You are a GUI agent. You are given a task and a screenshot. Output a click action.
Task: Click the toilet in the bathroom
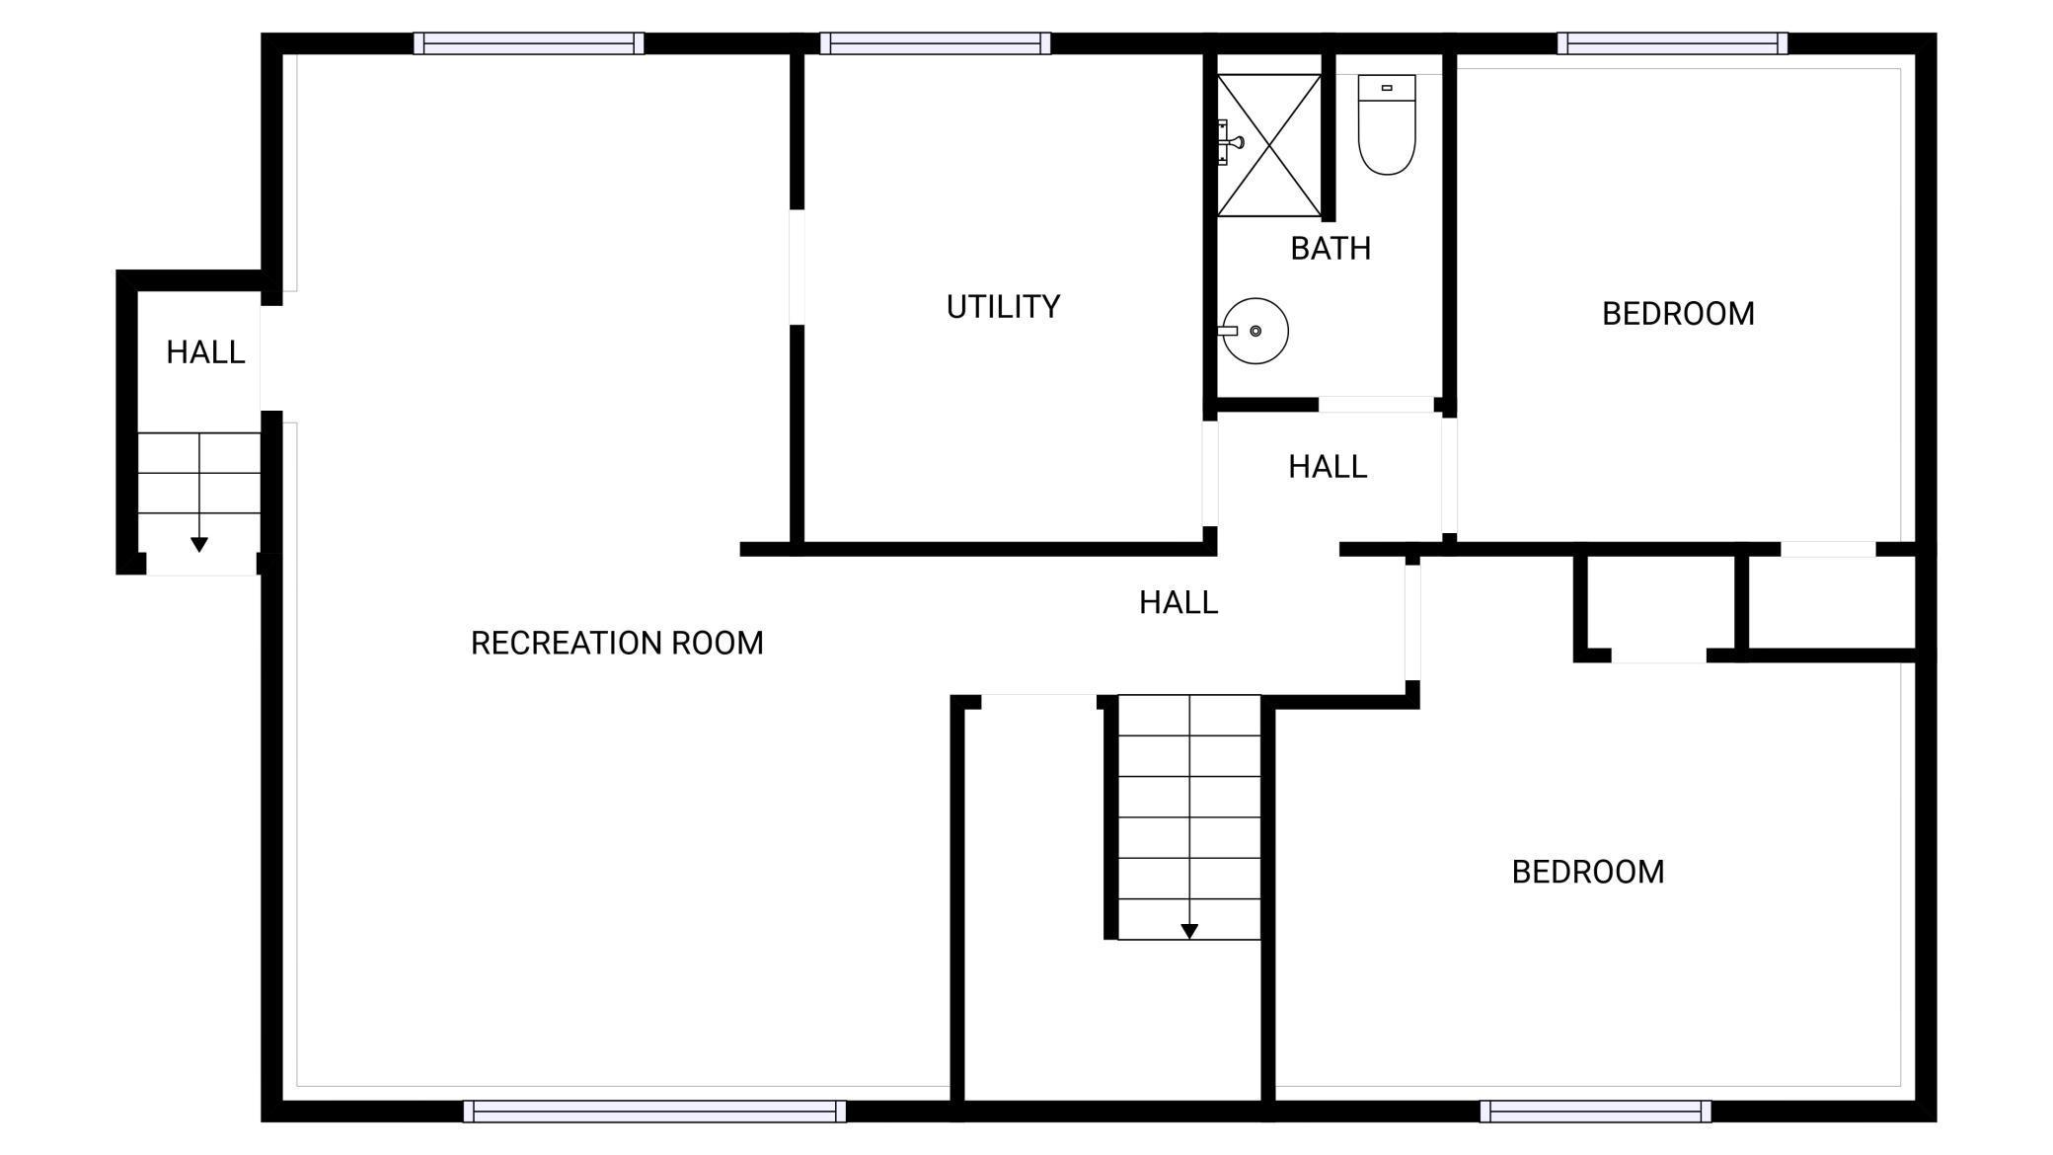pos(1387,124)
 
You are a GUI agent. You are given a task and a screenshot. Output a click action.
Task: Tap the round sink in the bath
pos(1256,331)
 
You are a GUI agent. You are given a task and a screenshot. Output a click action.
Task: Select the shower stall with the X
pos(1269,145)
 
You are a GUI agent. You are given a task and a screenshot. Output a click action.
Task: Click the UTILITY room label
pos(1003,307)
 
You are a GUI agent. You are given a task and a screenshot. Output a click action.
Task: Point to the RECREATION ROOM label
pos(617,644)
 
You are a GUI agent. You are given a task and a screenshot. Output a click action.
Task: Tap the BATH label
pos(1331,249)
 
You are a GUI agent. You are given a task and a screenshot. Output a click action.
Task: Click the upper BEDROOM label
pos(1678,314)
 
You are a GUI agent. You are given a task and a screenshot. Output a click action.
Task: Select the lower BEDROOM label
pos(1588,872)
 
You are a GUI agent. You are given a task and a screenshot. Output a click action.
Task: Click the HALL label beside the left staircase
pos(205,352)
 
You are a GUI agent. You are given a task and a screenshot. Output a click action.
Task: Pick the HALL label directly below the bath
pos(1328,467)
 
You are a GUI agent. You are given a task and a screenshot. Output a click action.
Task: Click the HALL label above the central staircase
pos(1179,602)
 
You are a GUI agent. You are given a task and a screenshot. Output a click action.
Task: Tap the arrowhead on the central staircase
pos(1189,931)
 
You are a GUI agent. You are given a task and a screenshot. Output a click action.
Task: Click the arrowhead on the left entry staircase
pos(199,545)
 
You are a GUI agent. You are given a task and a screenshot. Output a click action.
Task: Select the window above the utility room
pos(935,43)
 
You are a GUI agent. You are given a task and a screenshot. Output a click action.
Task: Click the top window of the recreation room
pos(529,43)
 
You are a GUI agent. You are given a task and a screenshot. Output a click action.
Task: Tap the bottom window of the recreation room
pos(654,1112)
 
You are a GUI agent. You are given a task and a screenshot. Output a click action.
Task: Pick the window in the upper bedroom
pos(1673,43)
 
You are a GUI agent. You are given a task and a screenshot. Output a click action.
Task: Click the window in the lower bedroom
pos(1595,1112)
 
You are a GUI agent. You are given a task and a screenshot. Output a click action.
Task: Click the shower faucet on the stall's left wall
pos(1229,142)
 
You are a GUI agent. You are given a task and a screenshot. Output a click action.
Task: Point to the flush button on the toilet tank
pos(1387,88)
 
